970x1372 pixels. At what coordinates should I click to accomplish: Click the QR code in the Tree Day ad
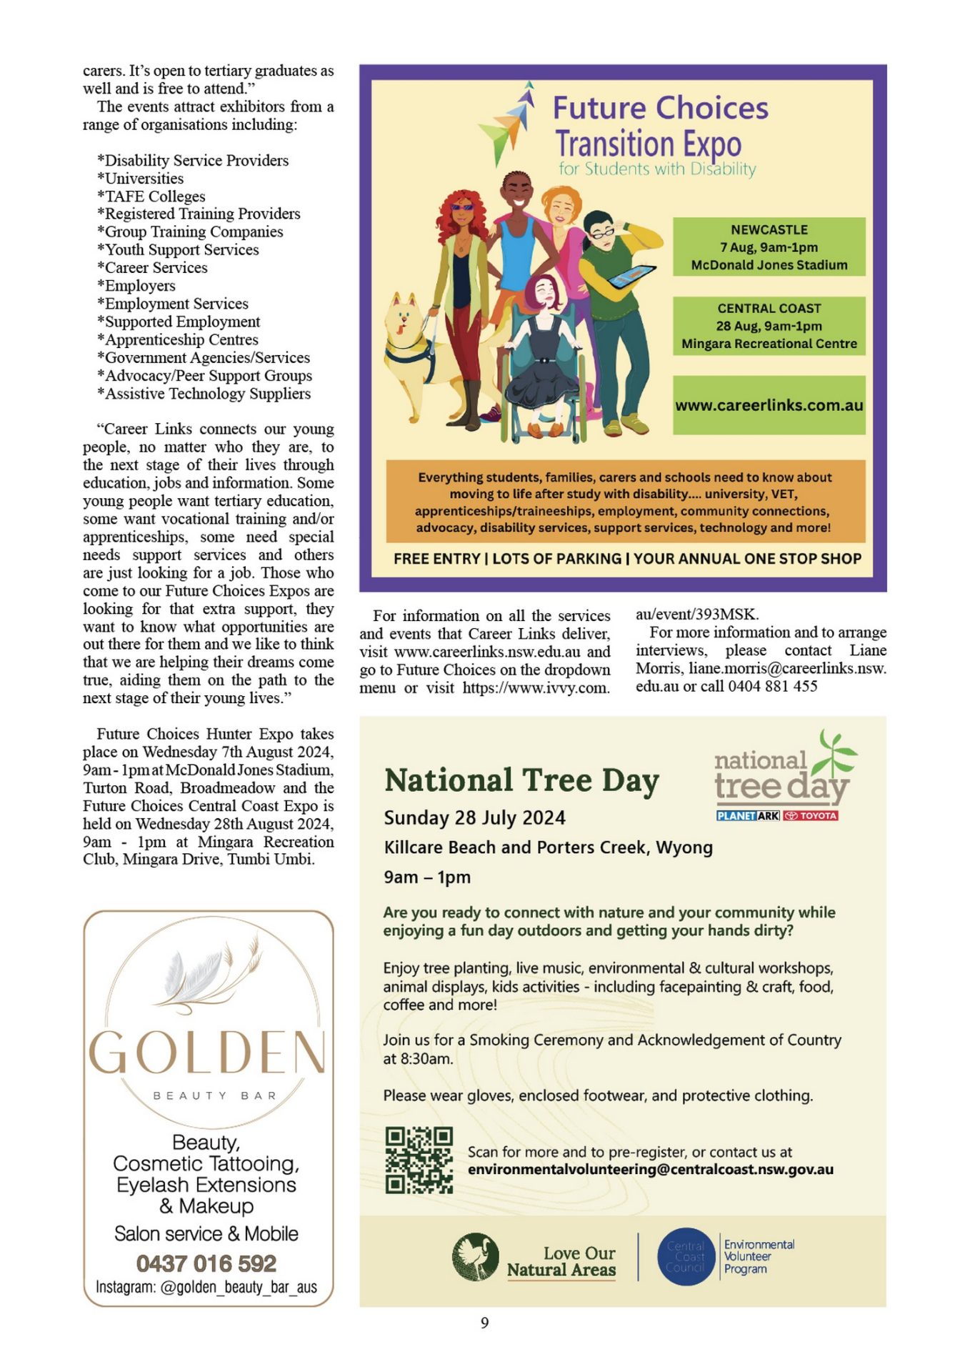coord(419,1160)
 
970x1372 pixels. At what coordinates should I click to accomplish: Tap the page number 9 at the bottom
coord(484,1323)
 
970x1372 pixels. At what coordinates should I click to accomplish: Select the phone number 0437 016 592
coord(206,1263)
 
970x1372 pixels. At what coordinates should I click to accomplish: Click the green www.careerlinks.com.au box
coord(769,405)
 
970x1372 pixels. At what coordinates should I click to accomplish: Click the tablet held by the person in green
coord(633,274)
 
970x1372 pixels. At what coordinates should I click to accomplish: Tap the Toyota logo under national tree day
coord(811,815)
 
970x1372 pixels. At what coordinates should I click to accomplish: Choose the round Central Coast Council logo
coord(685,1256)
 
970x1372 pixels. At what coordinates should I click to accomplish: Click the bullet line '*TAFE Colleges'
coord(151,197)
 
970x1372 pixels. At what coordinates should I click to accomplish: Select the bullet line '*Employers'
coord(136,286)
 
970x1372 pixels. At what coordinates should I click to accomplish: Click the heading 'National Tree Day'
coord(521,780)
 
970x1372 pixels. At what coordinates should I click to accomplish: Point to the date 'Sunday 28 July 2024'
coord(474,817)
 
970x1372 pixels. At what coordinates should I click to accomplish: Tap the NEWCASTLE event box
coord(769,247)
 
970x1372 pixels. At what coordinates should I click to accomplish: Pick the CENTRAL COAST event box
coord(769,326)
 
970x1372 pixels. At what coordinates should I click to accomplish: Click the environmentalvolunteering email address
coord(650,1170)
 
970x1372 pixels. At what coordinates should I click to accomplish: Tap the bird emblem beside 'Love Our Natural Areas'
coord(475,1256)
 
